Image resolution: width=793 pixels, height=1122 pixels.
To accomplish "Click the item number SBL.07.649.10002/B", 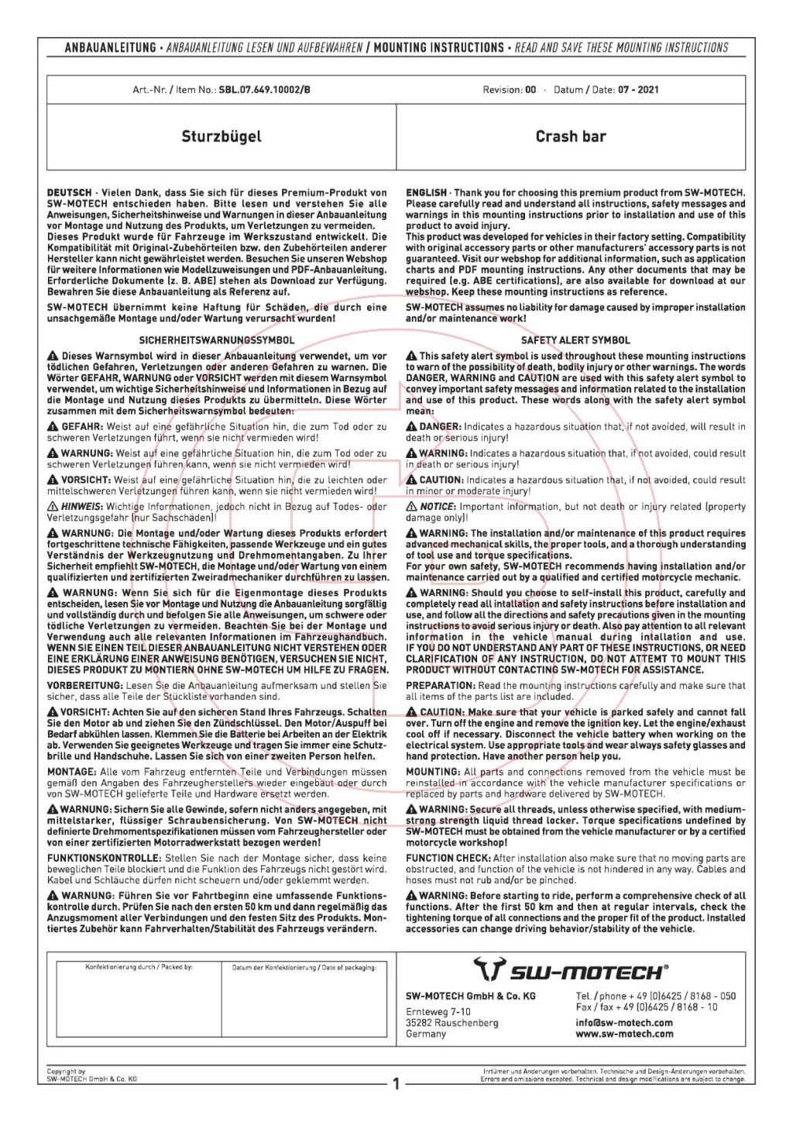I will (x=265, y=90).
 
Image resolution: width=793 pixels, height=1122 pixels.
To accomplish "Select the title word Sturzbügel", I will (x=221, y=136).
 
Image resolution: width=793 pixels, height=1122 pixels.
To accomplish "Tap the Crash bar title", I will (x=571, y=136).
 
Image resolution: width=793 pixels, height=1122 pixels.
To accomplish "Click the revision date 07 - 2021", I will (x=638, y=90).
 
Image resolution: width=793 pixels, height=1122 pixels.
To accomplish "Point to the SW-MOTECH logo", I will (x=571, y=970).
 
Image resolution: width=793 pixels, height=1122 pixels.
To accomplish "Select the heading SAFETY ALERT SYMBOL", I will (x=575, y=340).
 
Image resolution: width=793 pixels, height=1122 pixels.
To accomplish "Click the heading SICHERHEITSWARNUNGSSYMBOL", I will (x=217, y=340).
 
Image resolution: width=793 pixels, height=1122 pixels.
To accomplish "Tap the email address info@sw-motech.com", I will (x=624, y=1022).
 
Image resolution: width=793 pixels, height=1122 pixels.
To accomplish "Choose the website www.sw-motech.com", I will (x=624, y=1034).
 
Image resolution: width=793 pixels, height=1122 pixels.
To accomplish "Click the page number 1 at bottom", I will (x=396, y=1084).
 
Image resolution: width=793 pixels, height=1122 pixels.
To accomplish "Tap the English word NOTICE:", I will (x=438, y=507).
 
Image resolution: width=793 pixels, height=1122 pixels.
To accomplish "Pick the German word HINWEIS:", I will (x=82, y=507).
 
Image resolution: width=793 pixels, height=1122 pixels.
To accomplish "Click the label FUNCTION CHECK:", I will (x=448, y=858).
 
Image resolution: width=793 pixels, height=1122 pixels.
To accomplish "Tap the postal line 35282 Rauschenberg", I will (x=452, y=1023).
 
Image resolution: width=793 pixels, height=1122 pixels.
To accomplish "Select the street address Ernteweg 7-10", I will (x=438, y=1011).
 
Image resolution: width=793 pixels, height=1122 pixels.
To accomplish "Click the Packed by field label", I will (x=139, y=967).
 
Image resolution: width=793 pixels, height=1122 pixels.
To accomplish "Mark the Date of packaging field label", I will (x=304, y=967).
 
